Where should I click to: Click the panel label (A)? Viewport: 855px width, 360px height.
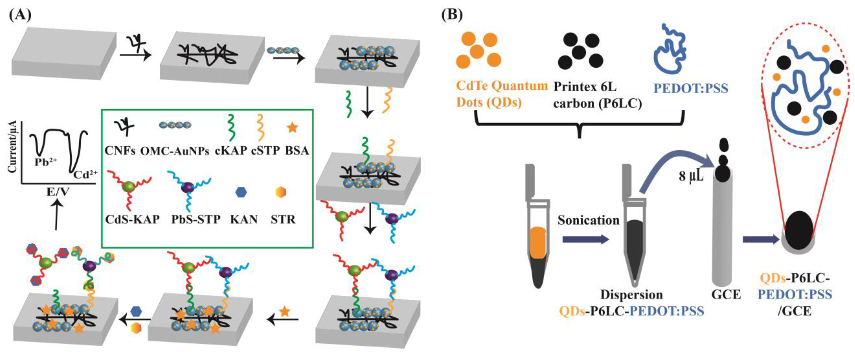coord(20,15)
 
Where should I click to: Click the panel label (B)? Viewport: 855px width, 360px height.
coord(452,15)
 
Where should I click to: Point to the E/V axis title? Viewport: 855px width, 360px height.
coord(58,192)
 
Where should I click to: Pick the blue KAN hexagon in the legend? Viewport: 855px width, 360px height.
coord(241,192)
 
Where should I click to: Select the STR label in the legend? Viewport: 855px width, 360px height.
coord(283,219)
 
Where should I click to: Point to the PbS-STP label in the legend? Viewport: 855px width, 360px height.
coord(196,219)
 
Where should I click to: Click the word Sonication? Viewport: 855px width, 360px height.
coord(588,220)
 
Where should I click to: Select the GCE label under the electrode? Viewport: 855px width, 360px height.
coord(726,295)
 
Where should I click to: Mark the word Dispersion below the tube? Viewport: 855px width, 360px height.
coord(631,295)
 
